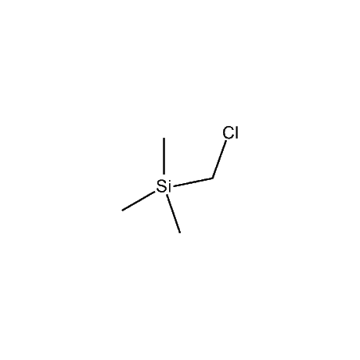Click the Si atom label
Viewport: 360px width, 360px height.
pyautogui.click(x=164, y=186)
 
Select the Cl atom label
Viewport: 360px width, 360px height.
pyautogui.click(x=231, y=132)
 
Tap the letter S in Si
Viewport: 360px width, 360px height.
pyautogui.click(x=161, y=186)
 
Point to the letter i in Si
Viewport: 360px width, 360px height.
pyautogui.click(x=169, y=186)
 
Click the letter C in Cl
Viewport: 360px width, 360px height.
pyautogui.click(x=229, y=132)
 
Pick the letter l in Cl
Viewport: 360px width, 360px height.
pyautogui.click(x=237, y=132)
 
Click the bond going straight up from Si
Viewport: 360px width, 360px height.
pyautogui.click(x=164, y=156)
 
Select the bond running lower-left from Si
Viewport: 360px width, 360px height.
pyautogui.click(x=139, y=201)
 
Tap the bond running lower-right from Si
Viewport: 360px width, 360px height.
pyautogui.click(x=174, y=214)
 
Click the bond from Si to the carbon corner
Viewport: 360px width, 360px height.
pyautogui.click(x=194, y=182)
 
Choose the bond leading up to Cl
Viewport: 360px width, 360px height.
pyautogui.click(x=219, y=160)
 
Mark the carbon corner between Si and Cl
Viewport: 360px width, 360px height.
pyautogui.click(x=213, y=178)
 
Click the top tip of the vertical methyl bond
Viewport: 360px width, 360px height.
pyautogui.click(x=164, y=138)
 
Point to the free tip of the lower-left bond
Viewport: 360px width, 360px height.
pyautogui.click(x=122, y=210)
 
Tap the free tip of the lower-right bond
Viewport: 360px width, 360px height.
pyautogui.click(x=180, y=232)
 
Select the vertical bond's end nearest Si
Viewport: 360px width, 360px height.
pyautogui.click(x=164, y=174)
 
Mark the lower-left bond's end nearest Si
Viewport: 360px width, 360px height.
pyautogui.click(x=154, y=193)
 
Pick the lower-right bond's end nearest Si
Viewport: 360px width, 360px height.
pyautogui.click(x=167, y=195)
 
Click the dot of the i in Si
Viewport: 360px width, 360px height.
pyautogui.click(x=169, y=181)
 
